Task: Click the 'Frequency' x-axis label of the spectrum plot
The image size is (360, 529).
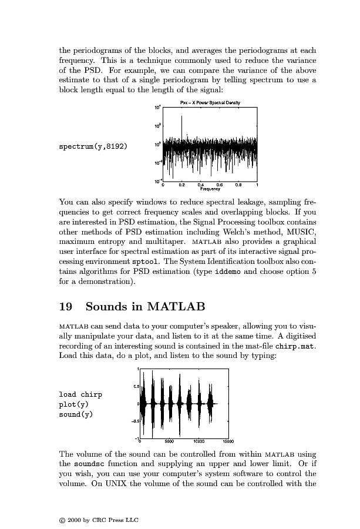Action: click(210, 189)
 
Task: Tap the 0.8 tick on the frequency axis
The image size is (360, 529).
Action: click(238, 185)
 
